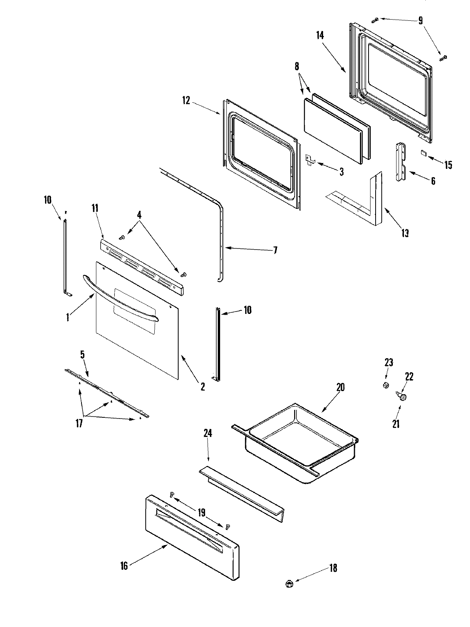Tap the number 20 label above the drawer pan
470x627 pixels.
point(340,387)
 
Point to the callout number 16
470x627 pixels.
point(124,566)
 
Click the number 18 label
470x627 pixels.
point(333,568)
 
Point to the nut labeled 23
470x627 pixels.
point(386,385)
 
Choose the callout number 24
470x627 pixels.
point(208,433)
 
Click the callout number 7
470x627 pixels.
point(275,250)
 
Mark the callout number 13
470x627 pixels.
point(405,233)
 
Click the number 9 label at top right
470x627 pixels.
point(420,20)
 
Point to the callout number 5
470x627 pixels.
point(82,355)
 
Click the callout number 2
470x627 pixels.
point(202,386)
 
